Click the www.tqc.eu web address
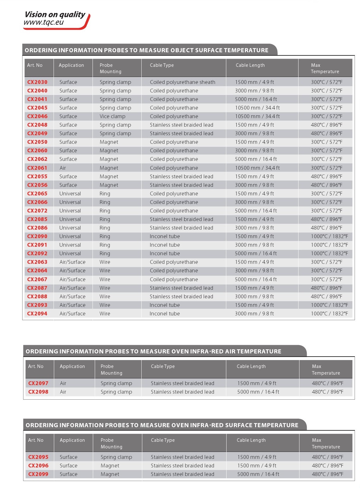click(x=44, y=22)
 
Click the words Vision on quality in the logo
click(x=55, y=15)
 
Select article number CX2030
click(x=37, y=82)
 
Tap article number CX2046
click(x=37, y=116)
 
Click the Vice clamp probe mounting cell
click(x=113, y=116)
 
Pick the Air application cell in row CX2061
click(x=63, y=168)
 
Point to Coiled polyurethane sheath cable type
click(x=183, y=82)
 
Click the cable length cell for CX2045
click(x=257, y=108)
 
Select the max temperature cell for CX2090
click(x=329, y=236)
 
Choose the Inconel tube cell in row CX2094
click(x=165, y=314)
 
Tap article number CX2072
click(x=37, y=211)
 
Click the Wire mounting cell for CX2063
click(x=105, y=262)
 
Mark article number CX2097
click(x=38, y=383)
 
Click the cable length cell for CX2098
click(x=258, y=392)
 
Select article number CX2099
click(x=38, y=474)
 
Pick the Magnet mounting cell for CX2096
click(x=110, y=466)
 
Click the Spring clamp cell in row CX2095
click(x=116, y=457)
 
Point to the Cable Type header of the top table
click(x=162, y=65)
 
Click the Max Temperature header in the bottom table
click(x=326, y=443)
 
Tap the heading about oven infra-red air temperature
click(x=153, y=351)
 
